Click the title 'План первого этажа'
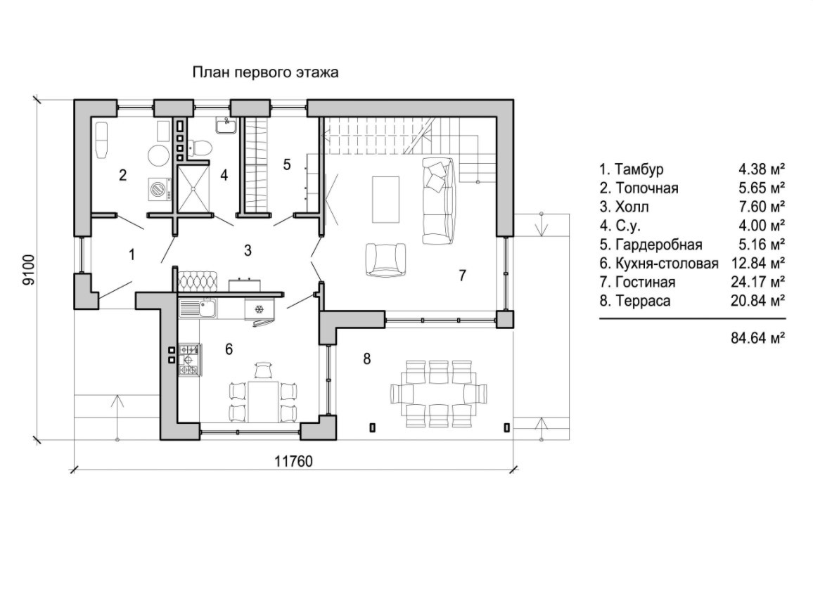click(265, 72)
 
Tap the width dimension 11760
click(293, 461)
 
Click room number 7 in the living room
click(462, 275)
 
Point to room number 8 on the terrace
click(366, 359)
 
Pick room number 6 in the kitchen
click(229, 349)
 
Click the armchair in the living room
click(385, 259)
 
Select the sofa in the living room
click(437, 200)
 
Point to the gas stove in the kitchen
click(189, 358)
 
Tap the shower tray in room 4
click(193, 188)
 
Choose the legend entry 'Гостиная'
click(645, 283)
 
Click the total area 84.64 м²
click(758, 338)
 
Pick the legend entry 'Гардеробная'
click(651, 245)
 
